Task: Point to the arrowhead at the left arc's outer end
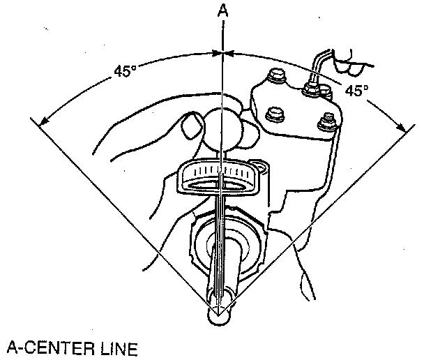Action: coord(43,123)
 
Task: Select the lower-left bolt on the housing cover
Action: coord(274,114)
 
